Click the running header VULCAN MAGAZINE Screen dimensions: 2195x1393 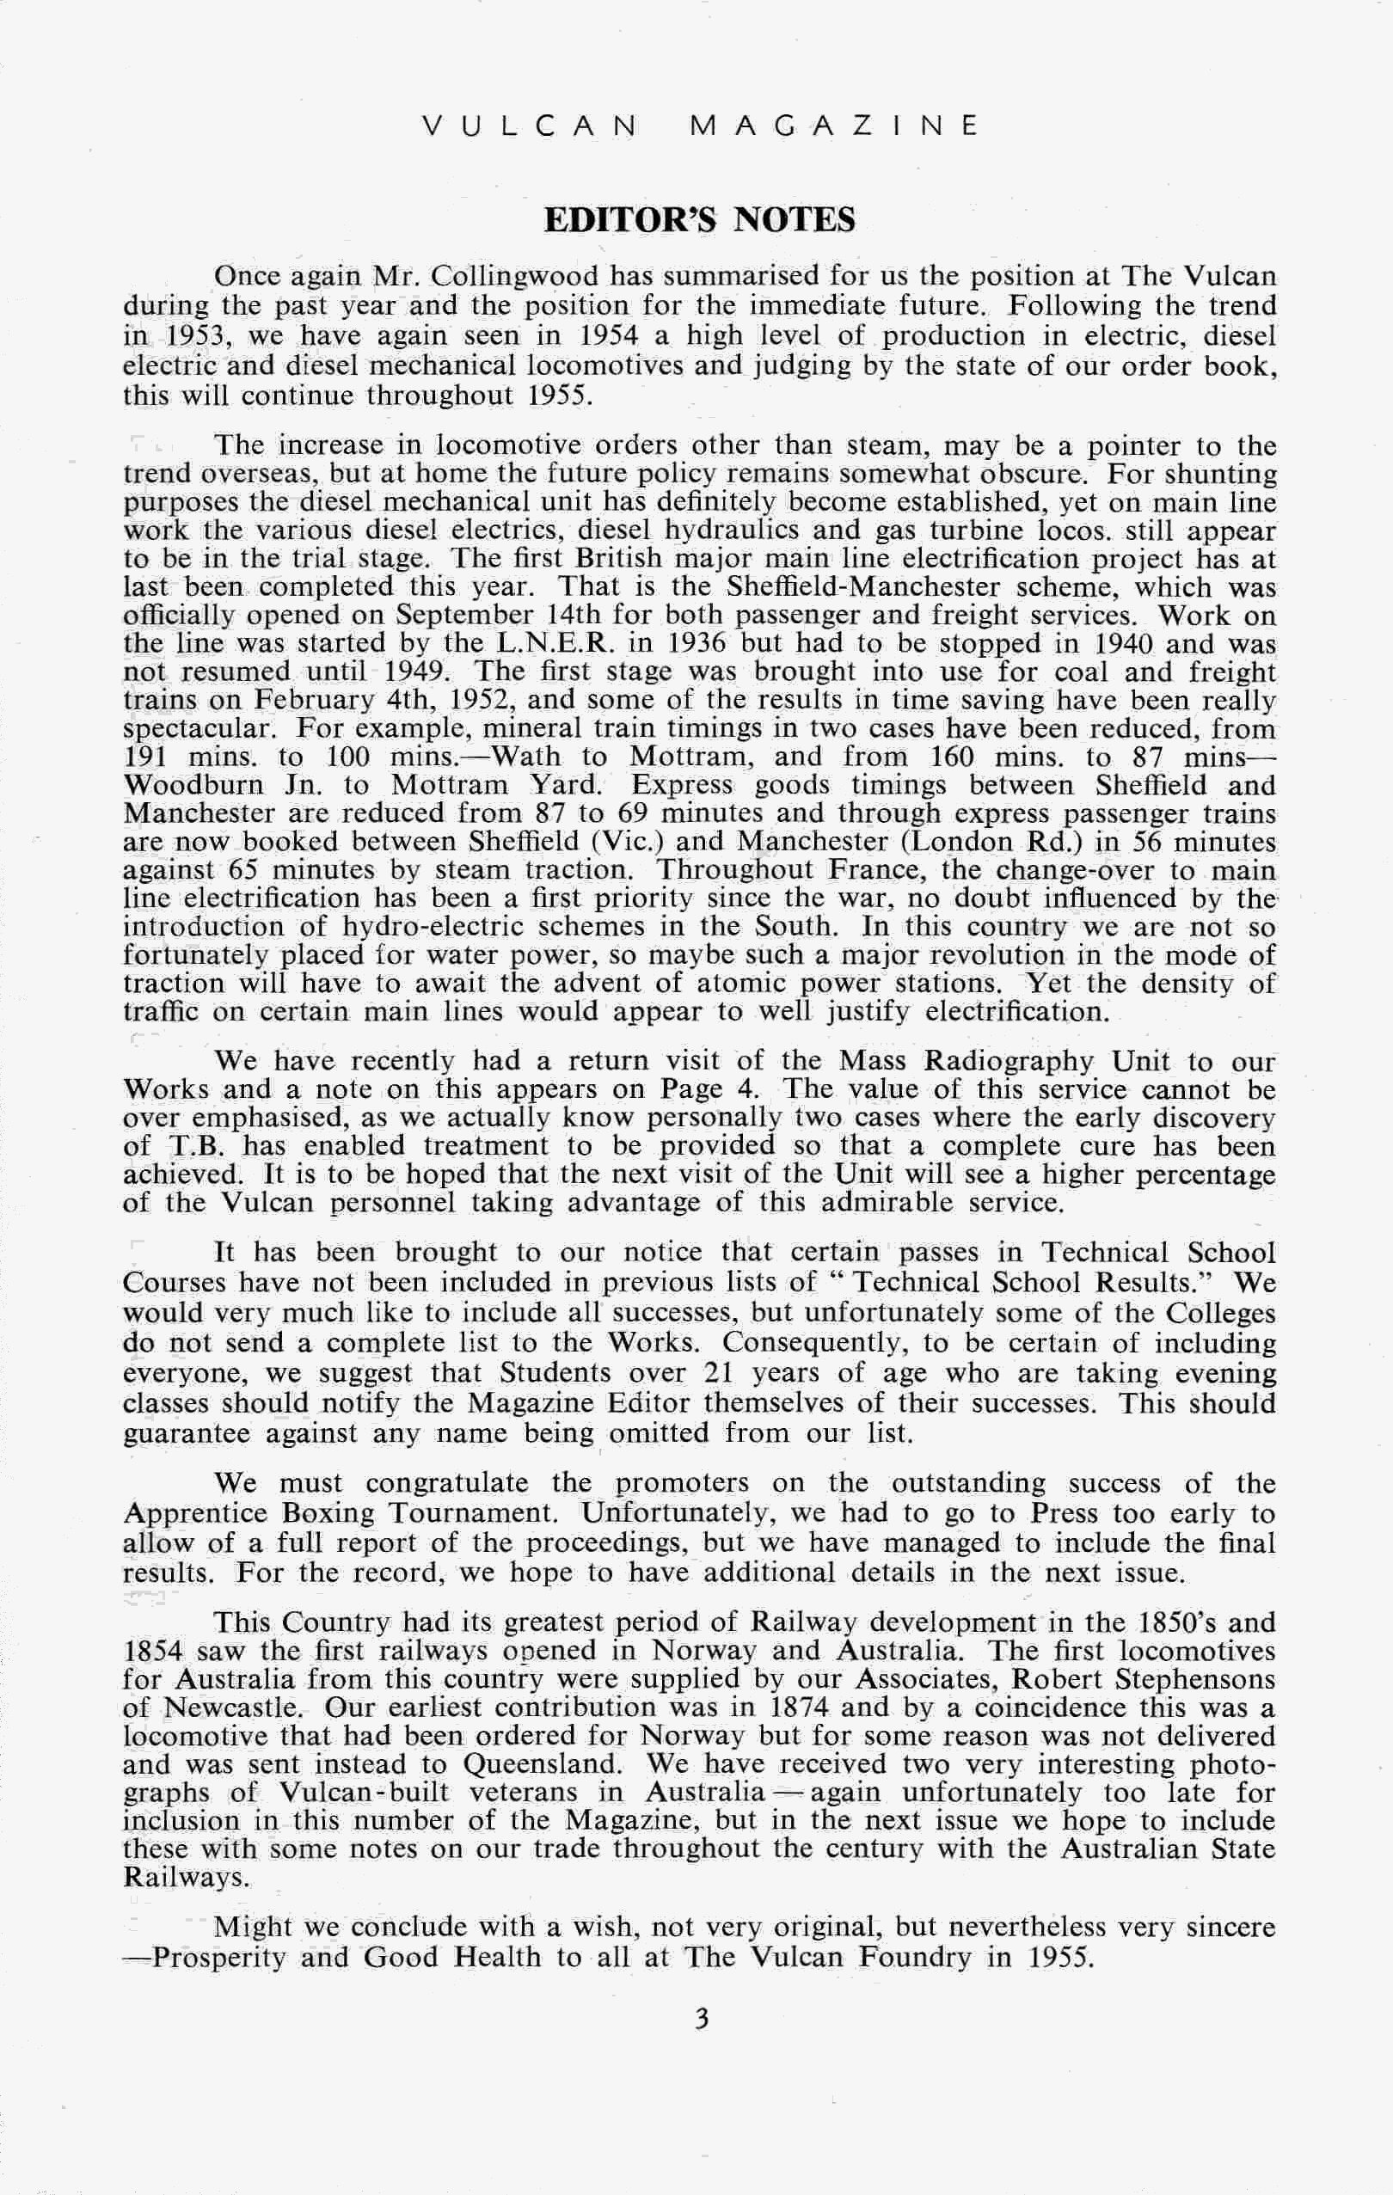tap(699, 125)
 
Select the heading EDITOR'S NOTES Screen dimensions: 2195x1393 tap(699, 220)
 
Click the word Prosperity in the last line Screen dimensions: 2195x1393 tap(218, 1958)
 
